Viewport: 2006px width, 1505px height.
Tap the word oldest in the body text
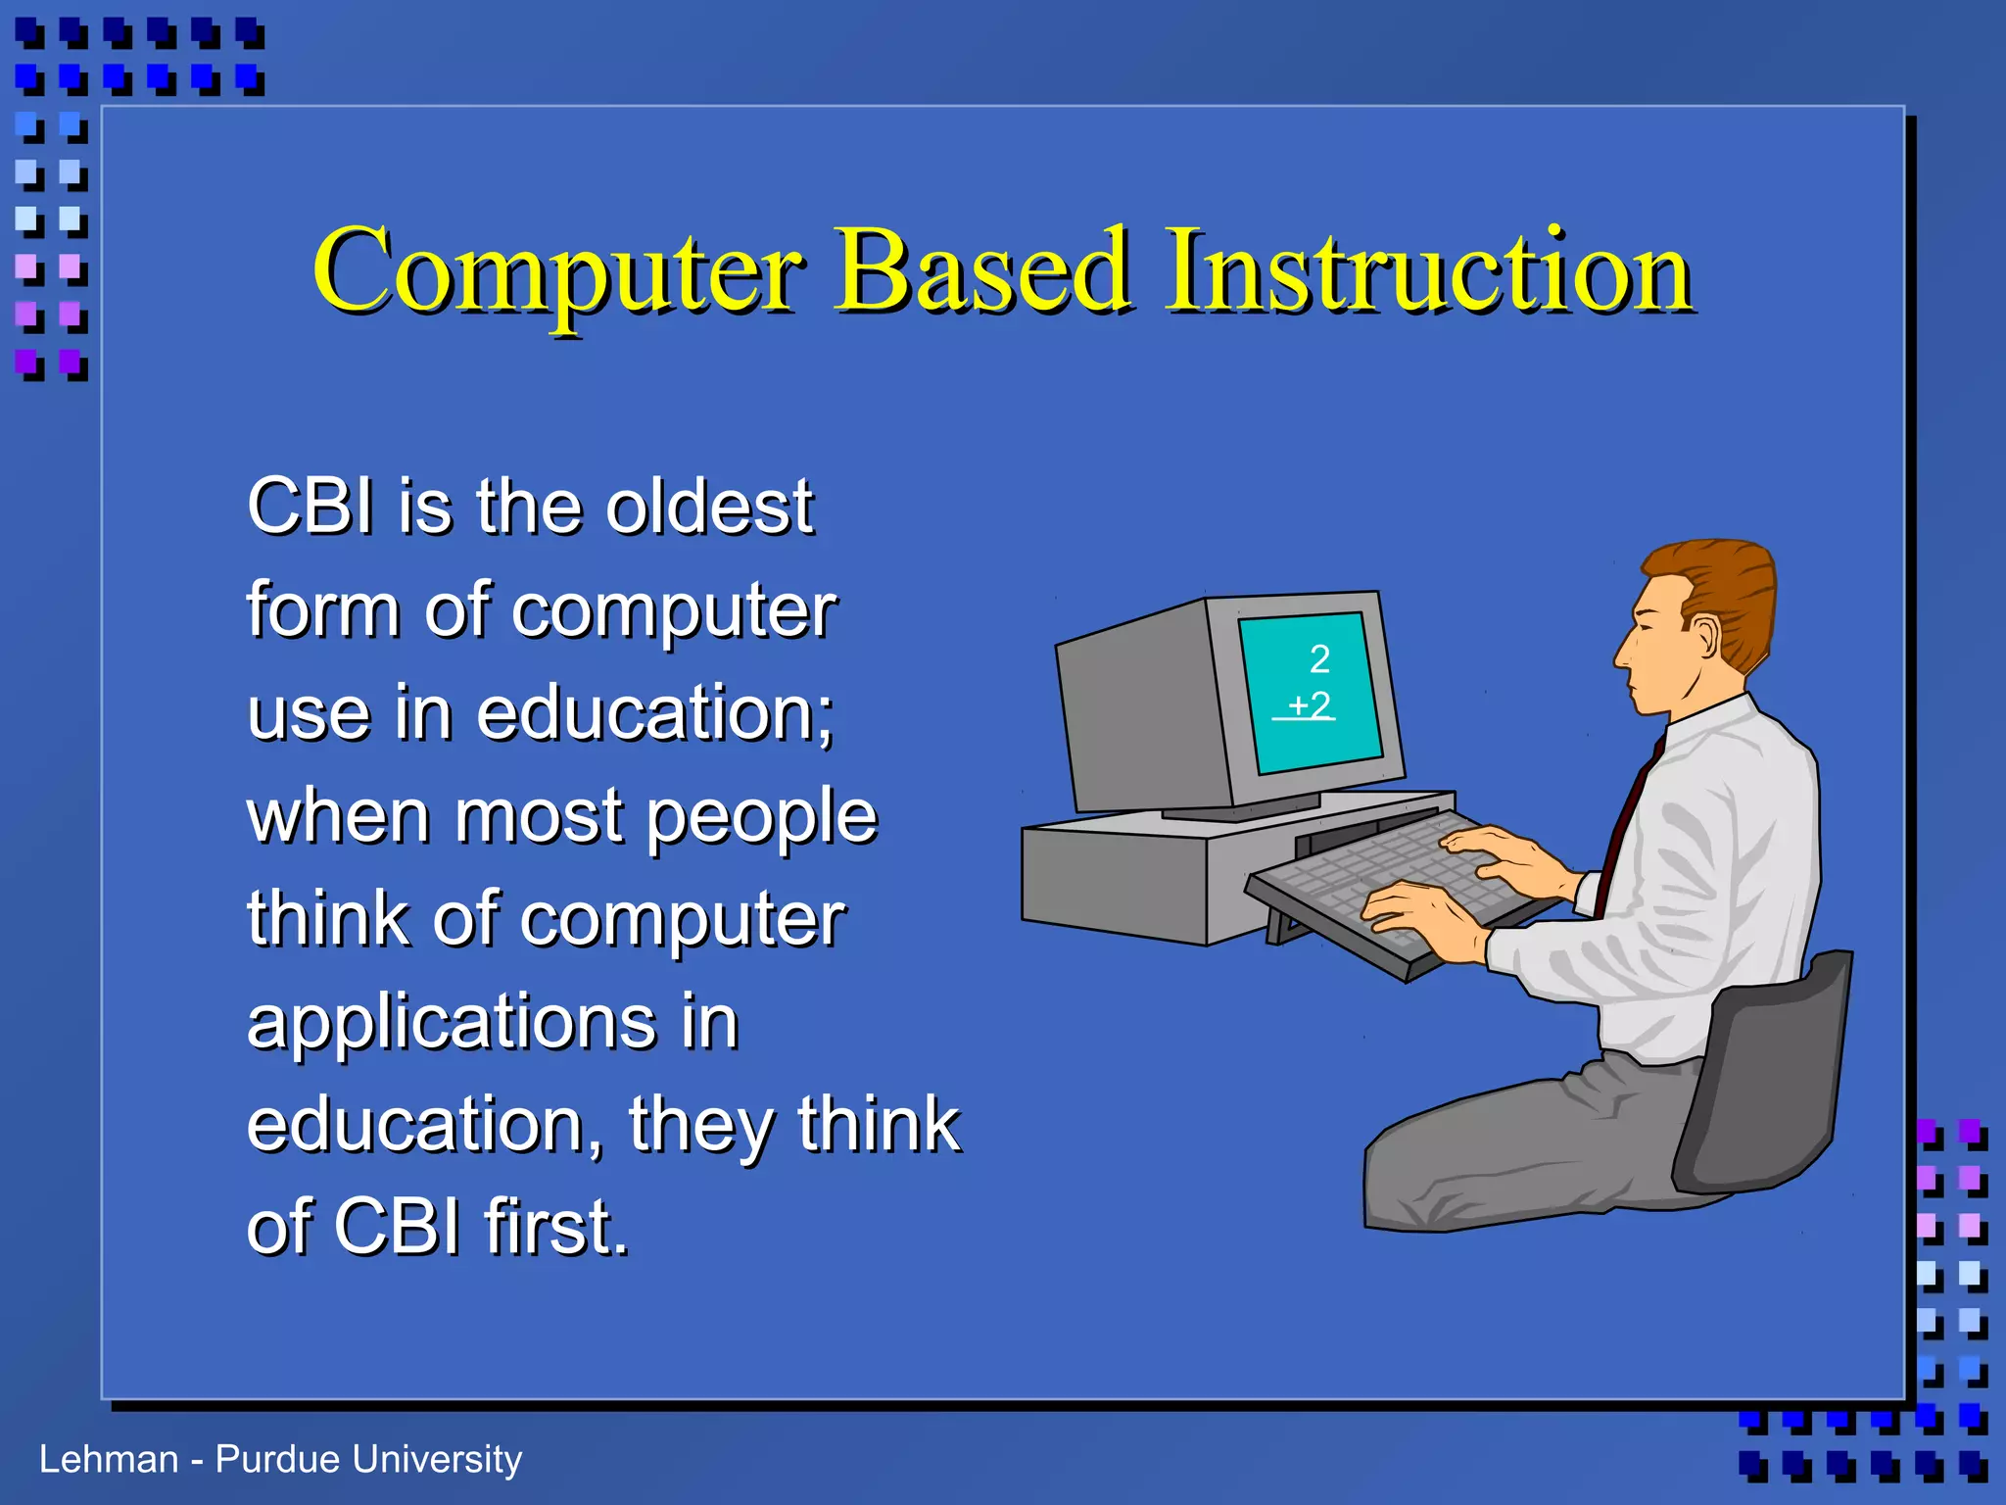(x=709, y=508)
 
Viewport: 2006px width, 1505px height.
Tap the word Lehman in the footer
(x=109, y=1459)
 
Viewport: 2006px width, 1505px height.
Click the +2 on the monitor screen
(x=1309, y=705)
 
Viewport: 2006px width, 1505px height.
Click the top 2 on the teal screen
(x=1319, y=659)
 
